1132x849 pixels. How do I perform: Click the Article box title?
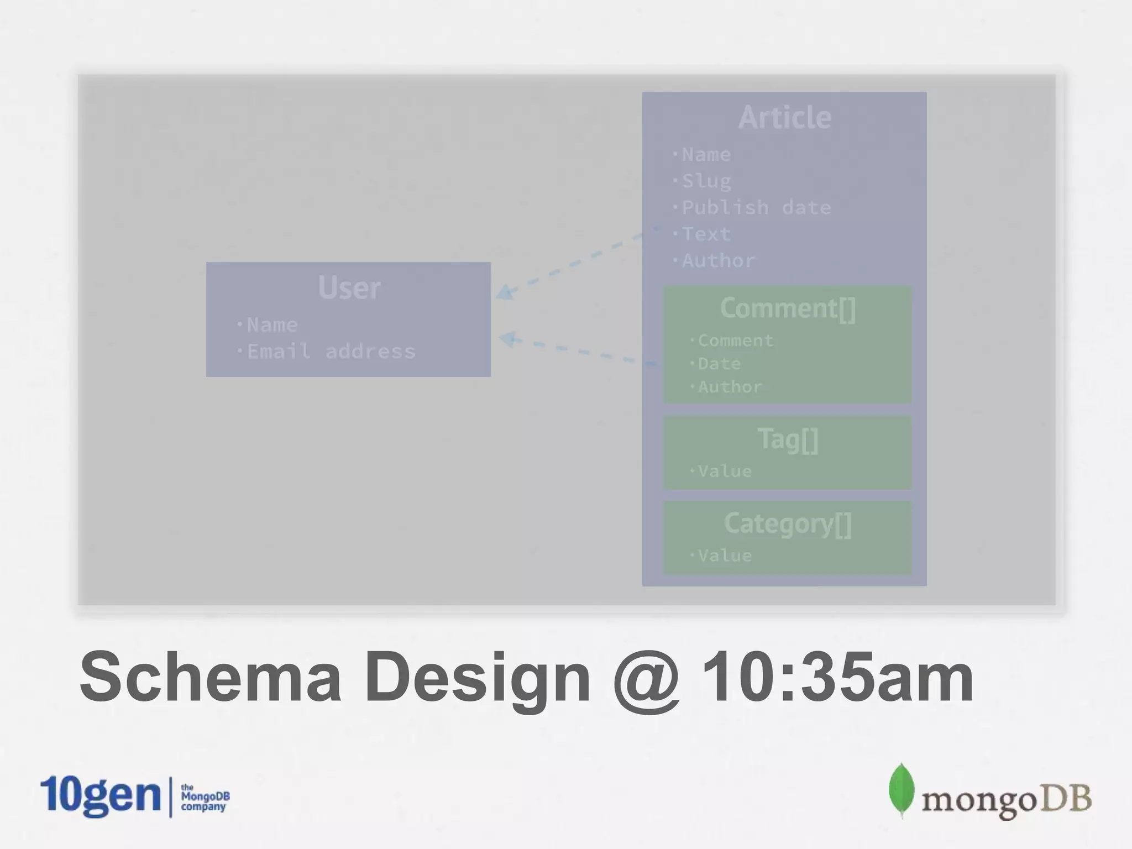[x=784, y=117]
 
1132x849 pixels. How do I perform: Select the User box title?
[x=349, y=287]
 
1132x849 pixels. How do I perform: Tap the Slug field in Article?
[x=706, y=181]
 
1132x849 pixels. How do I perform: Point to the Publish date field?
[x=756, y=207]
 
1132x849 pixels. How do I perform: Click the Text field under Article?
[x=706, y=234]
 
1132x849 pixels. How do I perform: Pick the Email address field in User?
[x=331, y=351]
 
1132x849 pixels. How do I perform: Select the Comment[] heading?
[x=788, y=308]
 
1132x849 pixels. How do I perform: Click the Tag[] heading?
[x=788, y=439]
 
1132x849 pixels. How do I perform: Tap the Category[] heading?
[x=788, y=523]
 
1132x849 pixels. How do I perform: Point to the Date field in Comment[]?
[x=719, y=364]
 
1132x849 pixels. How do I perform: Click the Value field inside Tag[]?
[x=724, y=471]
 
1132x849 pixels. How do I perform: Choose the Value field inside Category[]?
[x=724, y=555]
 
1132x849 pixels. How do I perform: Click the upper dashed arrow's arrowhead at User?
[x=504, y=292]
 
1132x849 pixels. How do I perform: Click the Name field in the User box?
[x=271, y=324]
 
